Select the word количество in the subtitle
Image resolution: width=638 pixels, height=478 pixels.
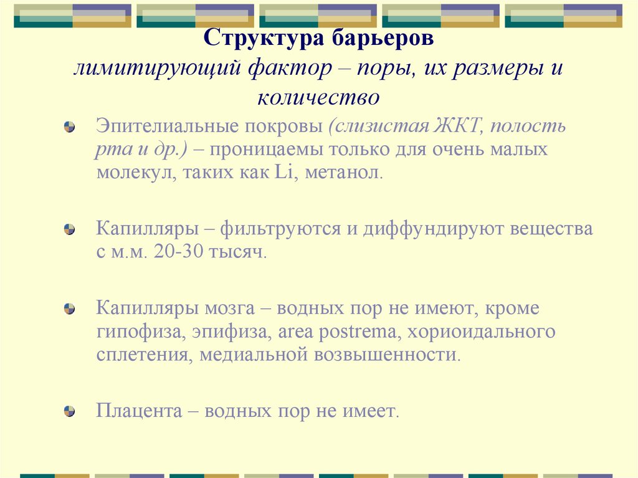(x=318, y=97)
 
